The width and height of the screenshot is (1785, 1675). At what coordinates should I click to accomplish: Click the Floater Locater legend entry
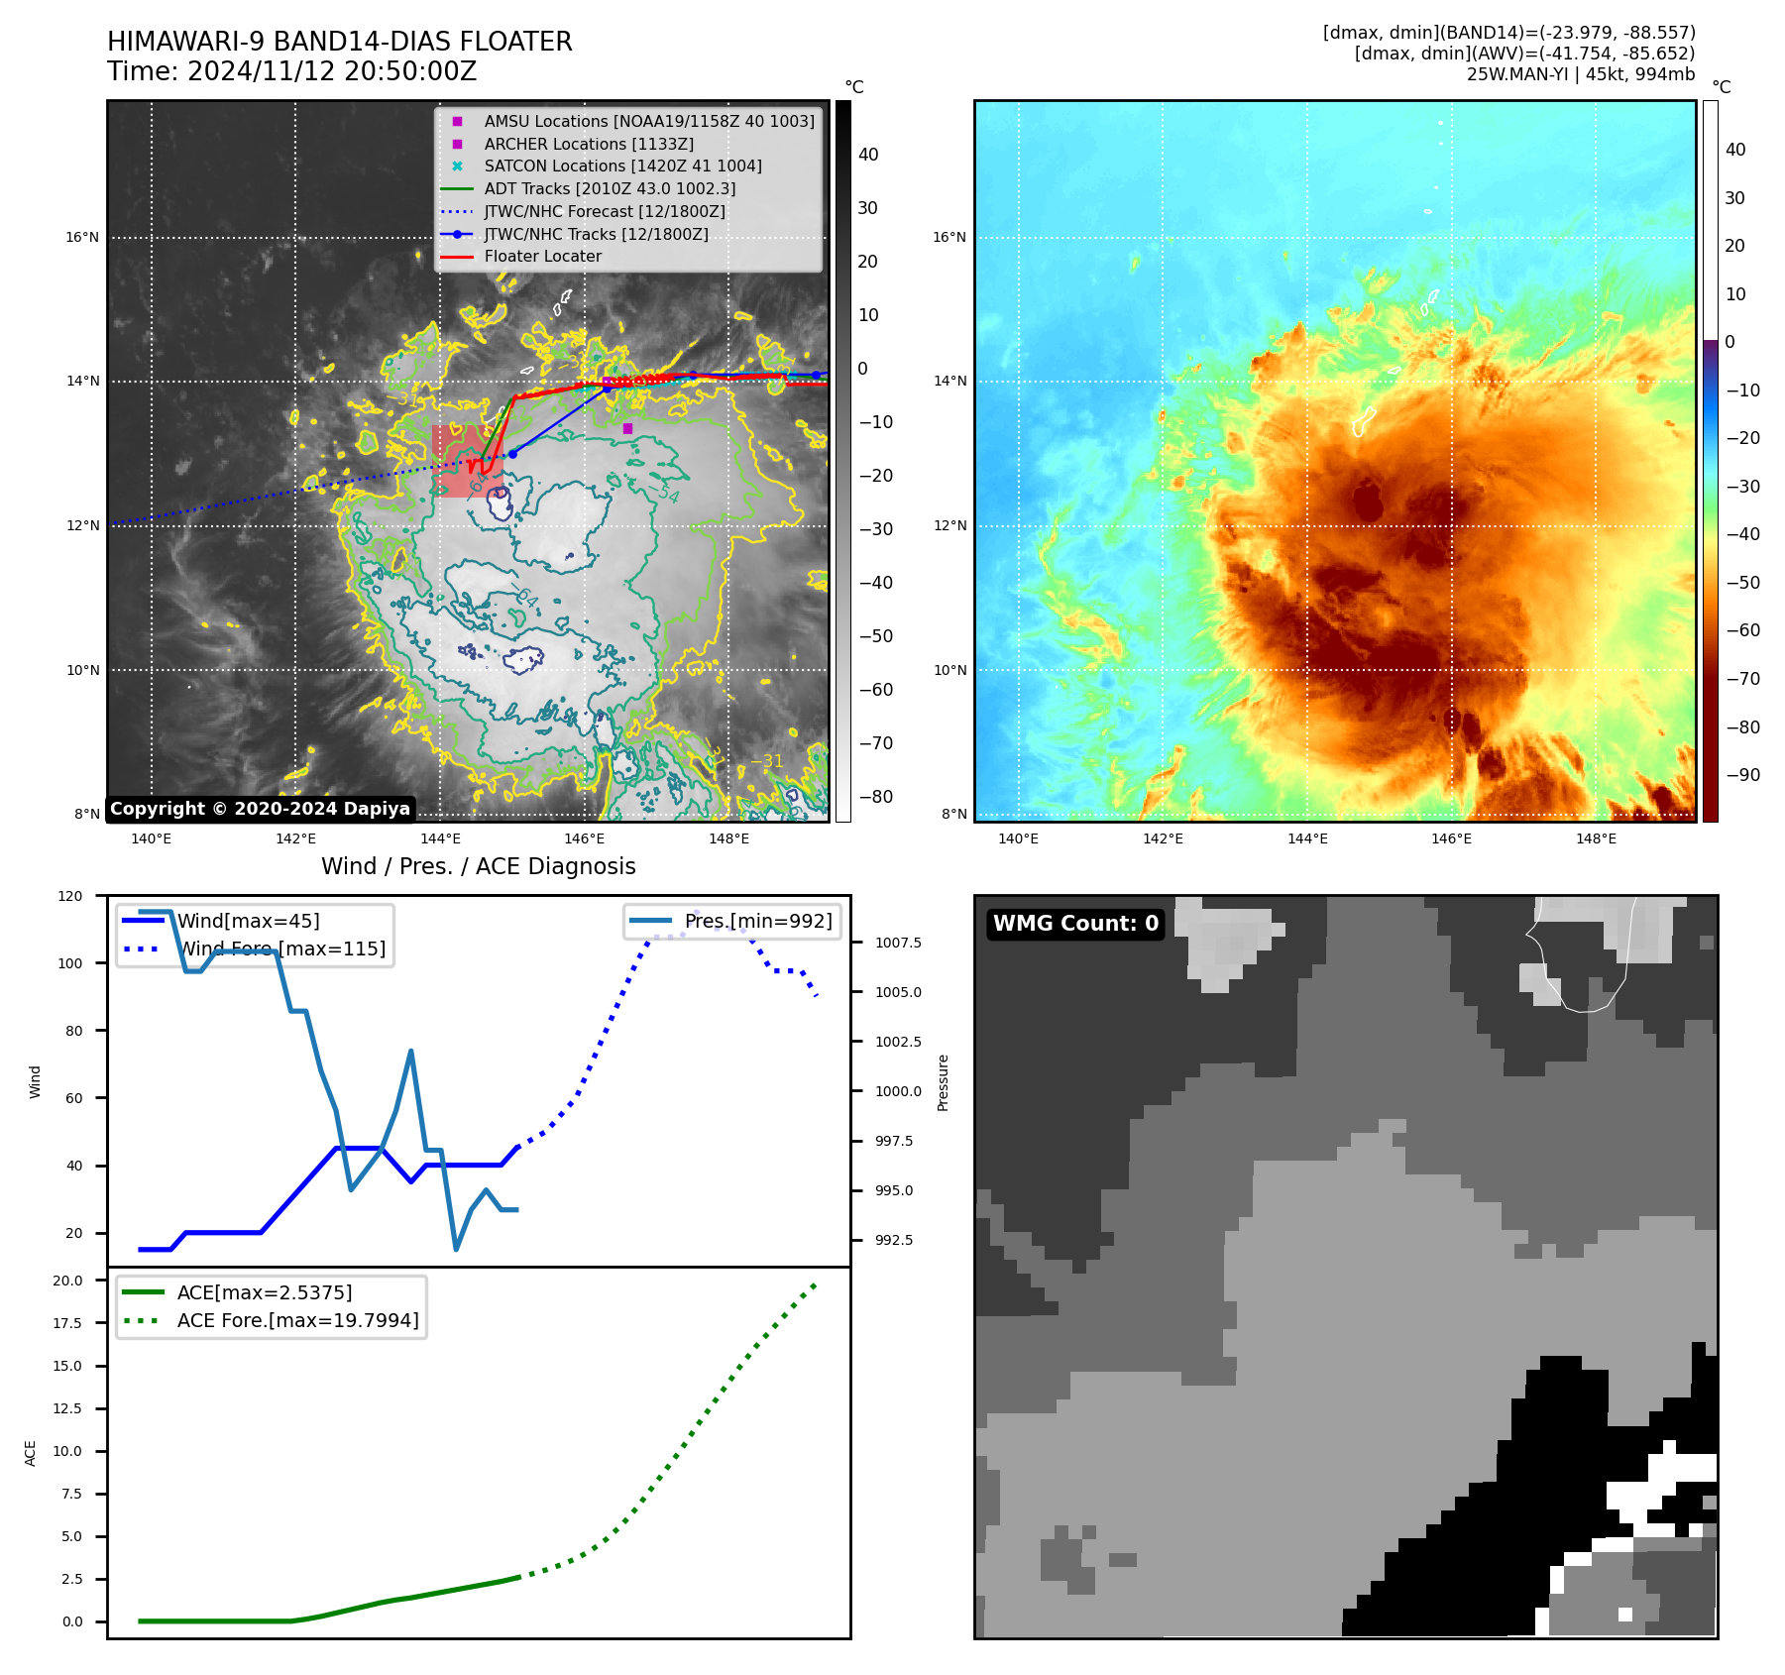[x=542, y=257]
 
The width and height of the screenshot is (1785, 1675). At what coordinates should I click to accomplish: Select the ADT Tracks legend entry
[x=609, y=188]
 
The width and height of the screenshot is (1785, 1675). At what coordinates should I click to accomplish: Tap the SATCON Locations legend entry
[x=622, y=166]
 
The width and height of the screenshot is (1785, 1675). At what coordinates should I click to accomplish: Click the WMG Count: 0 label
[x=1075, y=924]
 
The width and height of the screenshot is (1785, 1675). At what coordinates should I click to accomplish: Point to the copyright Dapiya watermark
[x=260, y=809]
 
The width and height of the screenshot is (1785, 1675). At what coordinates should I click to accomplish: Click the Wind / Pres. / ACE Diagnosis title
[x=478, y=866]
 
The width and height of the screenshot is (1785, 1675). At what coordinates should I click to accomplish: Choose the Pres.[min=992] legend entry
[x=757, y=921]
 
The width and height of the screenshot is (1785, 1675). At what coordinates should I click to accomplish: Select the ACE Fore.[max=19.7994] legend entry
[x=297, y=1320]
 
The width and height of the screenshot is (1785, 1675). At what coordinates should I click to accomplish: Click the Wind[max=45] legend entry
[x=248, y=921]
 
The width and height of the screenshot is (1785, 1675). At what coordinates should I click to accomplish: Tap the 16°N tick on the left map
[x=83, y=238]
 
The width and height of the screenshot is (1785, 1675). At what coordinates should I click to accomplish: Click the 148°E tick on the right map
[x=1596, y=839]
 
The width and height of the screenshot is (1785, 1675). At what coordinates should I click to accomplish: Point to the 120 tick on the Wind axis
[x=71, y=896]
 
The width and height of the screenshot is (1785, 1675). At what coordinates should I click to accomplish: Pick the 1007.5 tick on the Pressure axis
[x=897, y=943]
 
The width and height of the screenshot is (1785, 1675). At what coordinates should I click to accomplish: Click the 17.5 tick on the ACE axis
[x=67, y=1323]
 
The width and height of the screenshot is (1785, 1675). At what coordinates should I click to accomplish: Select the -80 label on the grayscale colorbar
[x=875, y=797]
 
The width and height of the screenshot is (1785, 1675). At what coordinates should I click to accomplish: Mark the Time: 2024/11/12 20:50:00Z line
[x=292, y=71]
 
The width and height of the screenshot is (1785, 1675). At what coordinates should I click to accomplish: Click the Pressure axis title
[x=943, y=1082]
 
